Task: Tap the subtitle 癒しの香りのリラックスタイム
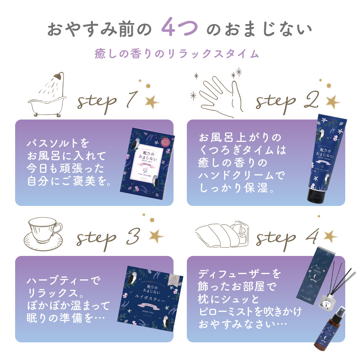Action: click(176, 54)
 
